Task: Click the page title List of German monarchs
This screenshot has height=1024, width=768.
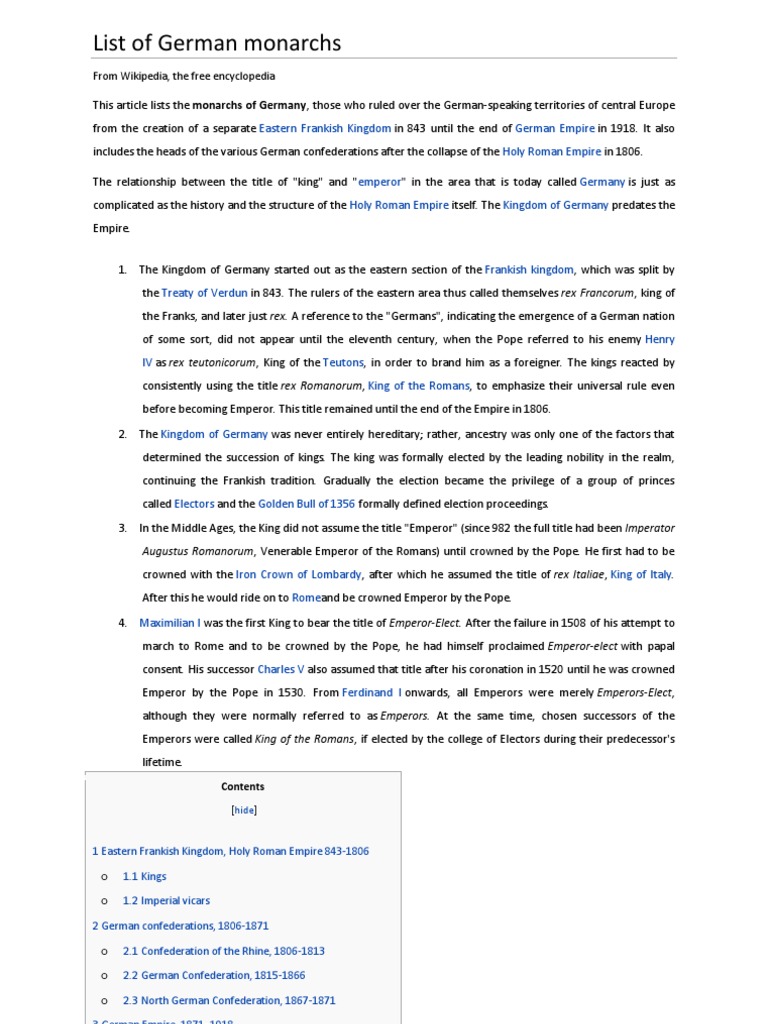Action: click(x=217, y=43)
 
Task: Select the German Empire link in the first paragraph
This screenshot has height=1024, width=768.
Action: click(x=555, y=128)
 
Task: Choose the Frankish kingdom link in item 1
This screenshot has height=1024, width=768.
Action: click(x=529, y=270)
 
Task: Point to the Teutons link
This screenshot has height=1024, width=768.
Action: click(x=343, y=362)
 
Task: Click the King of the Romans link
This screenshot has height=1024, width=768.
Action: click(x=419, y=386)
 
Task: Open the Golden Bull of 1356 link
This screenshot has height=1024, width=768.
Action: click(x=306, y=504)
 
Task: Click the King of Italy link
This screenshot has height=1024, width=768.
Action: click(x=641, y=574)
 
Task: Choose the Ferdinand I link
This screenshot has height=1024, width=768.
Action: click(x=372, y=692)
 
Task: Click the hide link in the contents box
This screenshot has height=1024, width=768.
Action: click(x=244, y=811)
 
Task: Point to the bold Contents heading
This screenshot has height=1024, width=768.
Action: click(x=243, y=787)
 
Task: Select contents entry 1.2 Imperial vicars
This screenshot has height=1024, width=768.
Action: click(x=166, y=901)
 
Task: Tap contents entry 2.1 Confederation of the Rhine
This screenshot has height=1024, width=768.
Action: click(x=223, y=951)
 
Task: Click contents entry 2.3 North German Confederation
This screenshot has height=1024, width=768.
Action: click(x=229, y=1000)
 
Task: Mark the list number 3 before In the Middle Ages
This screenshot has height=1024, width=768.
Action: click(x=122, y=528)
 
